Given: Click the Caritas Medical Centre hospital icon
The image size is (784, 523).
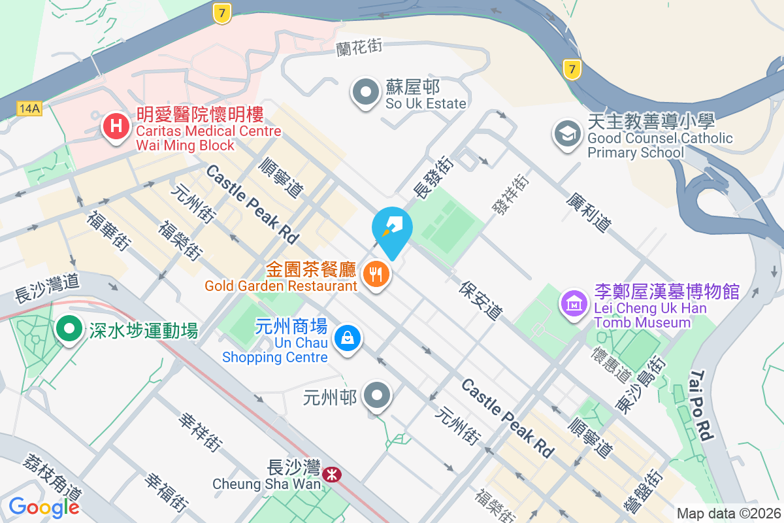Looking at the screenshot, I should tap(116, 126).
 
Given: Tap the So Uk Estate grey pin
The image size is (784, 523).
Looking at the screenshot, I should tap(366, 93).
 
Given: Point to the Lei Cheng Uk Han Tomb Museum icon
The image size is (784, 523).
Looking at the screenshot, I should tap(574, 303).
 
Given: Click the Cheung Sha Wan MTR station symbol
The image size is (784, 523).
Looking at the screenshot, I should tap(332, 474).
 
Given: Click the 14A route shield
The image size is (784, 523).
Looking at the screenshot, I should tap(29, 109).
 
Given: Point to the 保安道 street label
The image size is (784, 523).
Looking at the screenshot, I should tap(481, 301).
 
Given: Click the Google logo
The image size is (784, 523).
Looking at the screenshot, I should tap(44, 506).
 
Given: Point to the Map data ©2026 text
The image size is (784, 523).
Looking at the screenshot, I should tap(728, 513).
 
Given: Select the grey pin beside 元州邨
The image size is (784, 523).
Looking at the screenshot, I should tap(378, 396).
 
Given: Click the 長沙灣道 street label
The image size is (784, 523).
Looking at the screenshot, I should tap(47, 287).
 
